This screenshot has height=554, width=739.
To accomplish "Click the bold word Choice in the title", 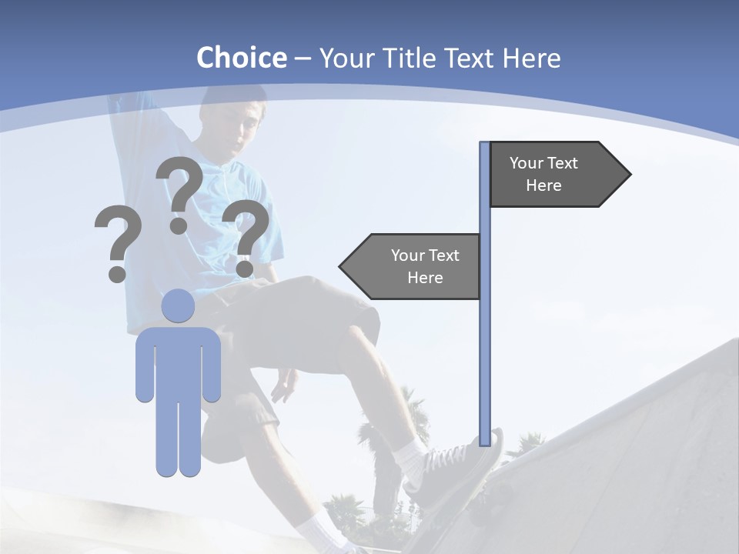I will point(241,58).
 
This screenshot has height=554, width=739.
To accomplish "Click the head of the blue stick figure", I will point(178,305).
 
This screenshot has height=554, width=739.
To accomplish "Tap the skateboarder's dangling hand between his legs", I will point(284,385).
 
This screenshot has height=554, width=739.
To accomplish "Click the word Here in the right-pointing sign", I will point(543,185).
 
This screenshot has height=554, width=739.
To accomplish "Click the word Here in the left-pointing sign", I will point(425,278).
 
